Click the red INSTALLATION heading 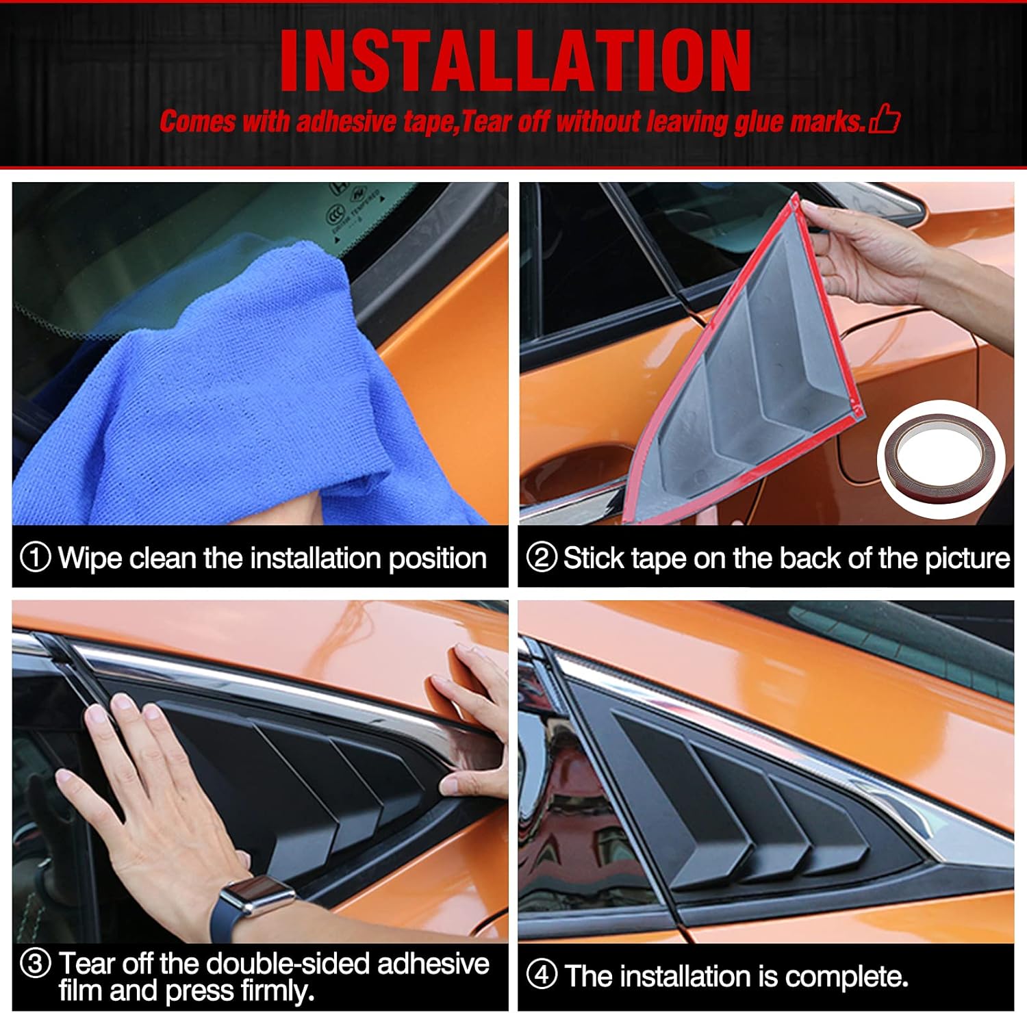pos(515,62)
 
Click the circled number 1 pos(36,558)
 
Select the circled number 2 pos(542,558)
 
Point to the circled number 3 pos(36,964)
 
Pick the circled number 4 pos(542,975)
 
